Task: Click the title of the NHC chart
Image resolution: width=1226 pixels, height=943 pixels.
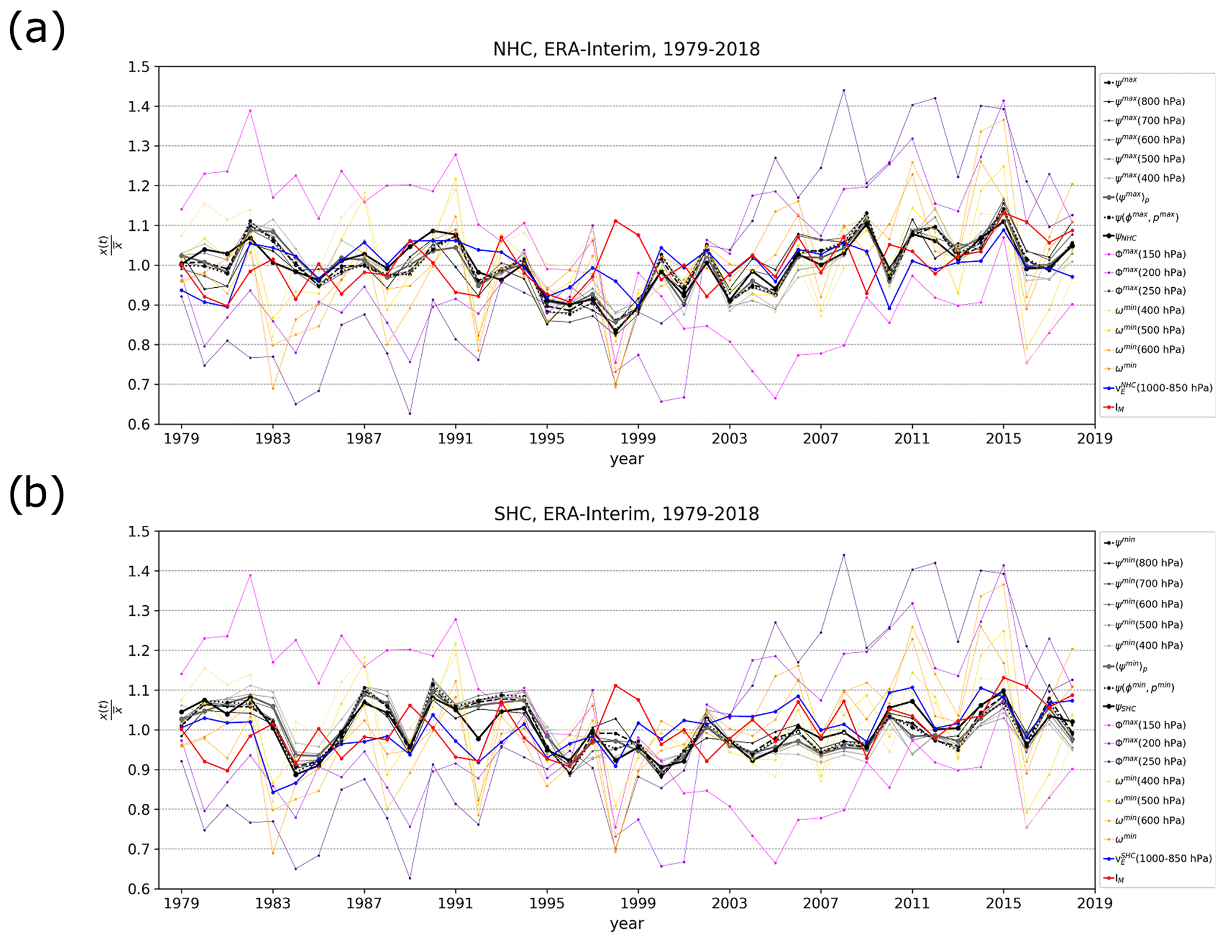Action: (x=626, y=49)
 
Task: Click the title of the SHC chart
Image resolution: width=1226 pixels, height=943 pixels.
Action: (x=626, y=513)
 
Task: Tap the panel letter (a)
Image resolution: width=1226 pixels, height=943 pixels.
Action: (x=37, y=30)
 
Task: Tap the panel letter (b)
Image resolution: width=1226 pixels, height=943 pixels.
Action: (x=37, y=494)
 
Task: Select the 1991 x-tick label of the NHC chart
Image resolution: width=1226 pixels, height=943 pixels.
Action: (x=456, y=439)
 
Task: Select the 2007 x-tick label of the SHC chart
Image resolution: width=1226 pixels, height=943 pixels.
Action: (x=821, y=903)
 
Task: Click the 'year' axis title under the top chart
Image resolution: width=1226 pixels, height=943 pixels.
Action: (x=626, y=459)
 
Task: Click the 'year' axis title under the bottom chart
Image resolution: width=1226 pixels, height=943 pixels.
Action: (x=626, y=923)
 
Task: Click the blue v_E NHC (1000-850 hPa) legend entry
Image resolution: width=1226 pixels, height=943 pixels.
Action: (x=1157, y=388)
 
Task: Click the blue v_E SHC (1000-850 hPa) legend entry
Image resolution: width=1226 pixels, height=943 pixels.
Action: (x=1157, y=859)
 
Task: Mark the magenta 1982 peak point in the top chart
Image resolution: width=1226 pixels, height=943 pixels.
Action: (x=250, y=110)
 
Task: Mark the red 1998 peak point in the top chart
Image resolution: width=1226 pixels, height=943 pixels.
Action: (x=616, y=221)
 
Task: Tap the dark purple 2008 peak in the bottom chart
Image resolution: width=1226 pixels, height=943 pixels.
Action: (x=844, y=555)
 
